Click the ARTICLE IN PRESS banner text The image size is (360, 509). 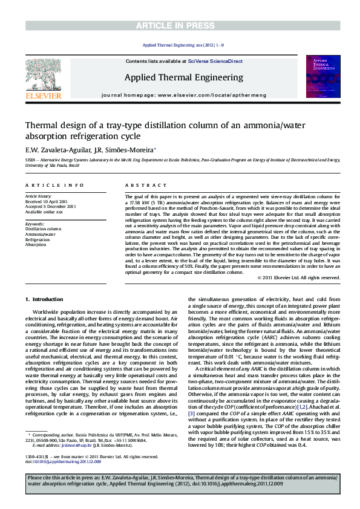point(180,25)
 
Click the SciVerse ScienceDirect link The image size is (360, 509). point(215,62)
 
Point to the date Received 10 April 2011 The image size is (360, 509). point(46,201)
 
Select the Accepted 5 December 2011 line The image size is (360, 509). point(50,206)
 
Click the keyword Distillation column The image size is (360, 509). point(44,229)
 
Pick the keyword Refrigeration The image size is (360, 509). point(38,240)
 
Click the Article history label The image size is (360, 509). point(39,196)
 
